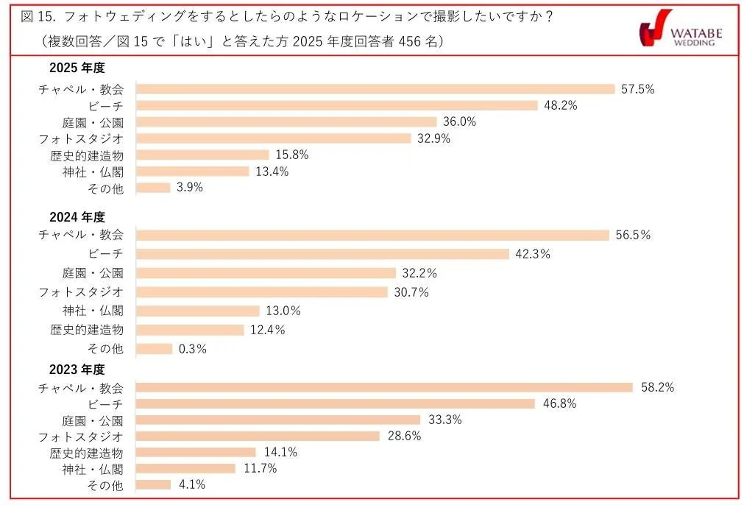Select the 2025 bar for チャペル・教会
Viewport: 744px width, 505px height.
[x=375, y=89]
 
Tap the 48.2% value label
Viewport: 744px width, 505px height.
[x=559, y=105]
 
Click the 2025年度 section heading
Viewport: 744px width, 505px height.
[x=77, y=68]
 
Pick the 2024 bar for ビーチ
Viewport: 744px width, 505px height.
[x=323, y=254]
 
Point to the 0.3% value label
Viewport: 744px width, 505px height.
[x=193, y=349]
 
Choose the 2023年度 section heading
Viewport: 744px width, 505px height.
[x=77, y=370]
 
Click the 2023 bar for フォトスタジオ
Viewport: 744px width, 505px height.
[x=258, y=436]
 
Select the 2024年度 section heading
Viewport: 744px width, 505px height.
[x=77, y=218]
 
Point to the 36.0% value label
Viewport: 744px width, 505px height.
[x=460, y=121]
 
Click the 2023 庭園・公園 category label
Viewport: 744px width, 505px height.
[x=93, y=420]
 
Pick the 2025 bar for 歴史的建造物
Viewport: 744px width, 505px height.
[x=203, y=155]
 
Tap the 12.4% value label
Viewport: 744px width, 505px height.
[x=268, y=330]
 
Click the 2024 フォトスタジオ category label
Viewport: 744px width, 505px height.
[x=81, y=292]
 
